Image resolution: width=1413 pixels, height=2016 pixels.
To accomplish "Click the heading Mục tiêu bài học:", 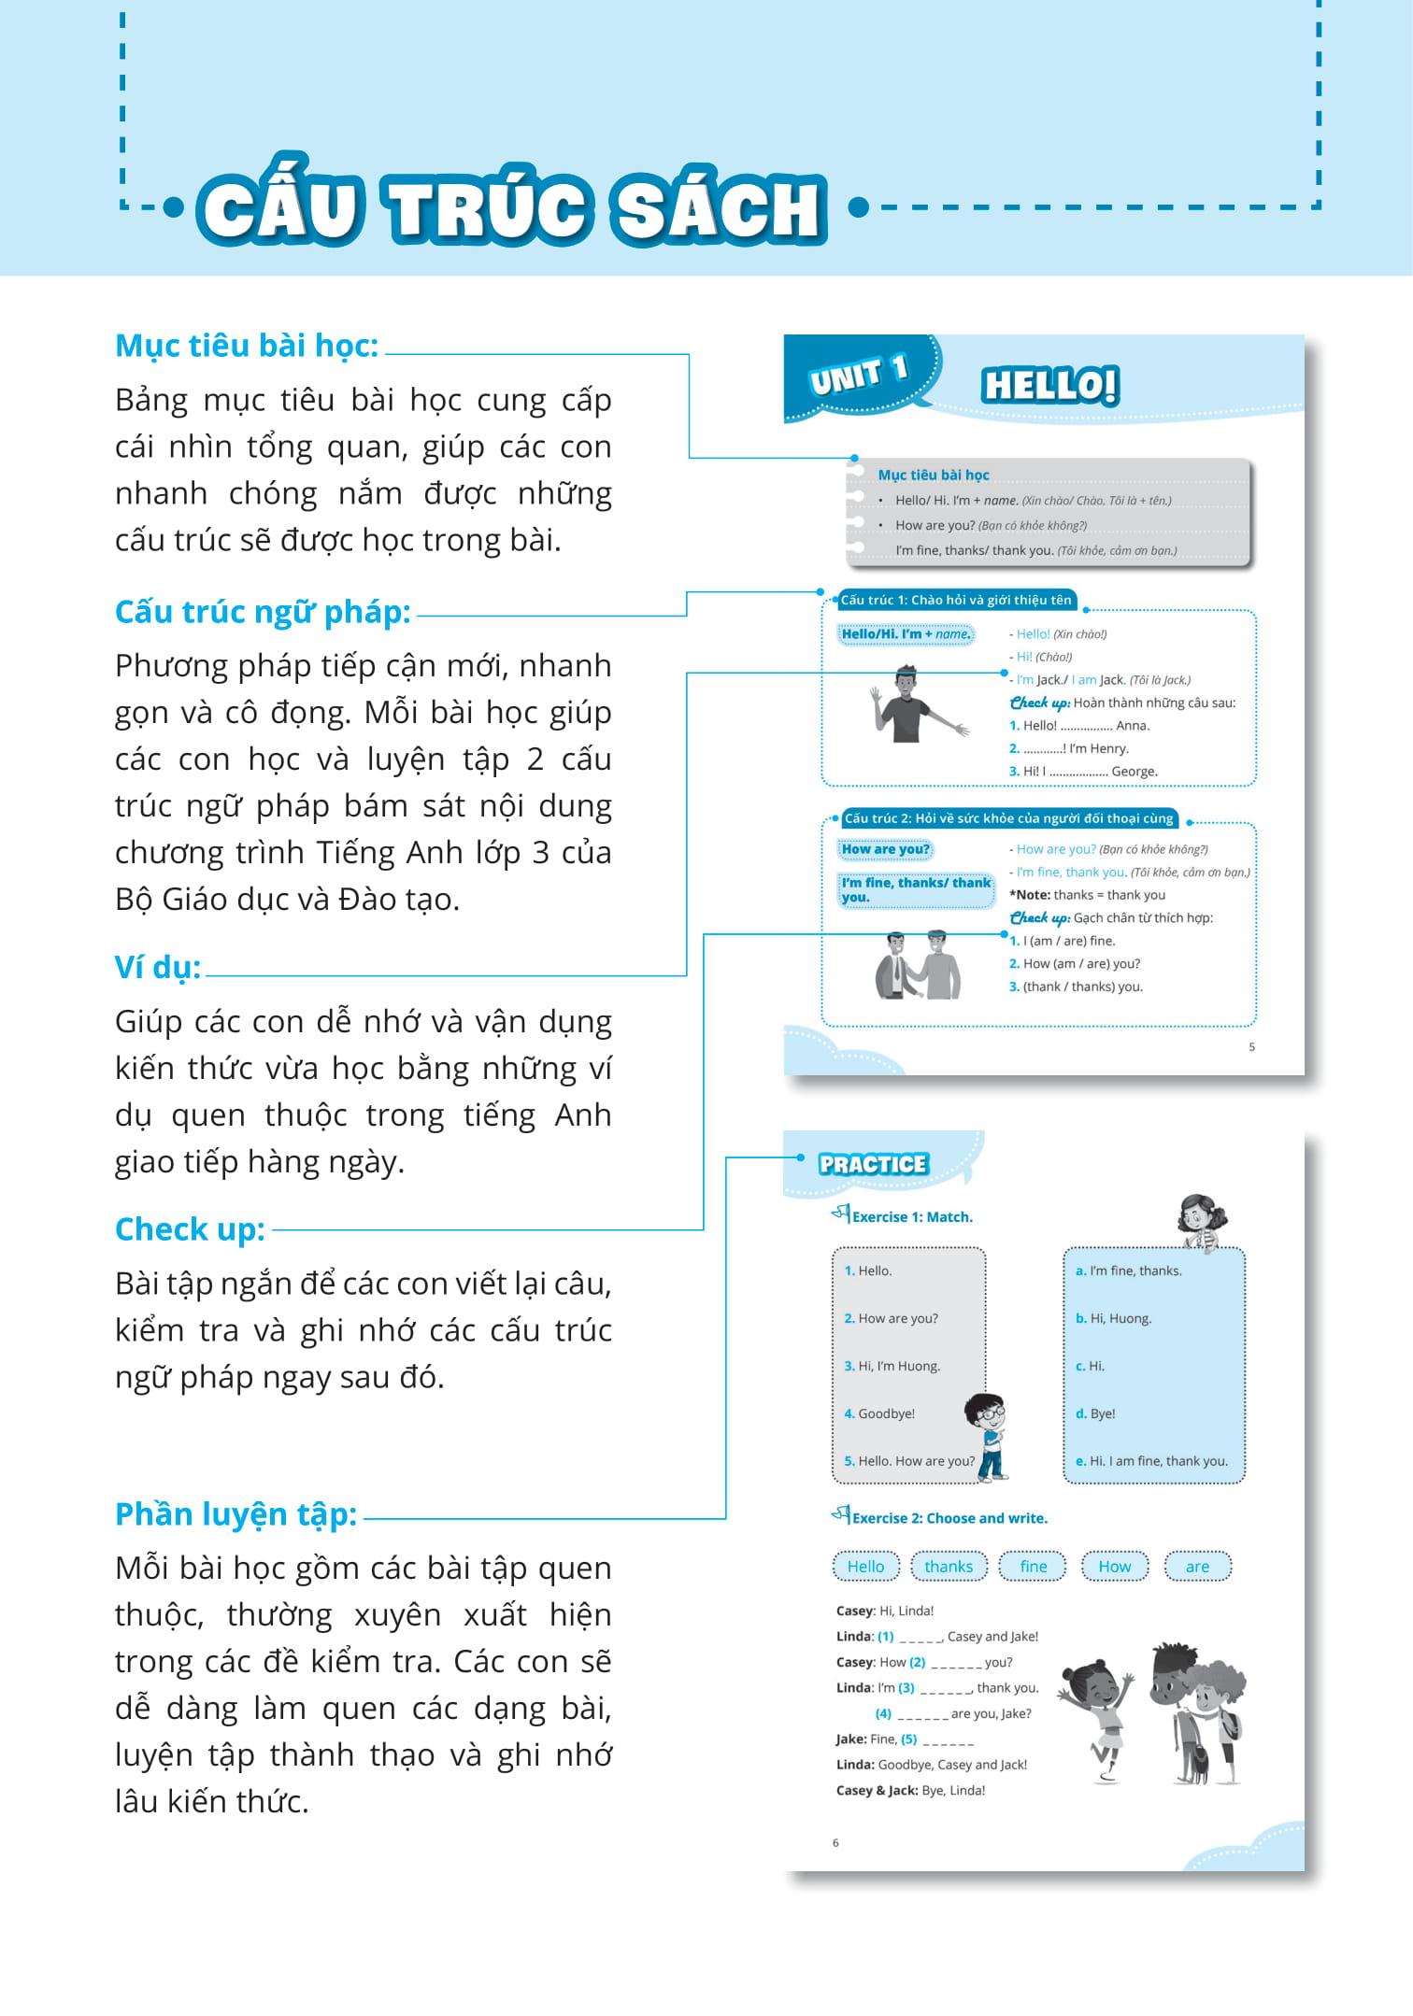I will (x=247, y=346).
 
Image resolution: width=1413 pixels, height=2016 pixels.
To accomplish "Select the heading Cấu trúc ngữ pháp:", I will (x=263, y=612).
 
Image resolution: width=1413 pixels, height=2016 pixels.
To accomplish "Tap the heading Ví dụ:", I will (x=158, y=967).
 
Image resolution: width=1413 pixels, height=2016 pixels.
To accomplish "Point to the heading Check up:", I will (x=190, y=1229).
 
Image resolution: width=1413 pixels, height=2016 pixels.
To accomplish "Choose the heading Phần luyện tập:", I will (x=235, y=1514).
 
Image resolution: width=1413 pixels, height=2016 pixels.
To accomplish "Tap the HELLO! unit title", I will (x=1049, y=385).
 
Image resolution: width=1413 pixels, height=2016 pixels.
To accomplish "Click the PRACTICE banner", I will (x=873, y=1164).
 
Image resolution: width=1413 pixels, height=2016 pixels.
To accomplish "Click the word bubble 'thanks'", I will (x=949, y=1567).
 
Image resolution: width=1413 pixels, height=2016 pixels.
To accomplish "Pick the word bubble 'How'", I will (x=1114, y=1567).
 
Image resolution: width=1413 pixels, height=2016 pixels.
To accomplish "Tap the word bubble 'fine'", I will (x=1033, y=1567).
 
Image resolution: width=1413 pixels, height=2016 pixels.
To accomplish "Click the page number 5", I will (x=1252, y=1047).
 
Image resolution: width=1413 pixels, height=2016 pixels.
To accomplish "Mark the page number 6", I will (x=835, y=1843).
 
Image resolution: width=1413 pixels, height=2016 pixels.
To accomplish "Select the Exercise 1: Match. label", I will (x=911, y=1217).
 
